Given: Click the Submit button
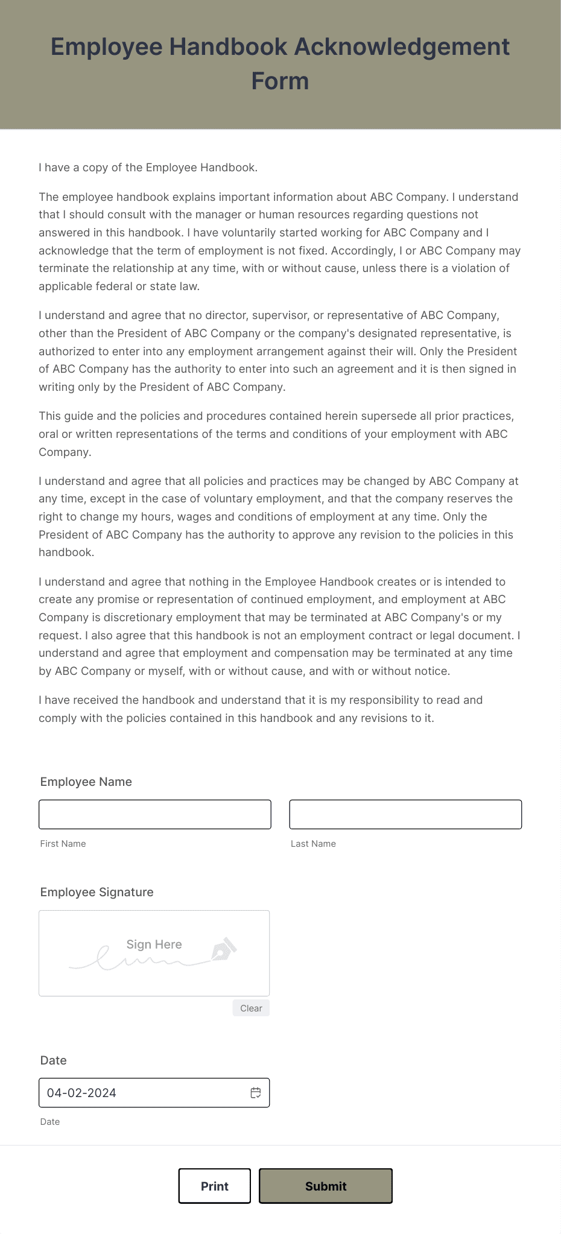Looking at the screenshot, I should click(x=326, y=1186).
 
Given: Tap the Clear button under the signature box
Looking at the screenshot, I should click(x=251, y=1008).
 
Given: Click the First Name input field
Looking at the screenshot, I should click(x=155, y=814).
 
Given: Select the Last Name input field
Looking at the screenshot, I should click(x=405, y=814).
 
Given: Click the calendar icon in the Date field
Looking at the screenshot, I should click(x=256, y=1093).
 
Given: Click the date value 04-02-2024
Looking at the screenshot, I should click(x=81, y=1093).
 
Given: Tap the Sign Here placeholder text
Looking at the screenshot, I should click(x=154, y=944).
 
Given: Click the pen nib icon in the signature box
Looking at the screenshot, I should click(x=224, y=949).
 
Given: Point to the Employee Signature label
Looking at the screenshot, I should click(x=97, y=892).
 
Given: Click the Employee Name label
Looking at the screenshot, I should click(x=86, y=782).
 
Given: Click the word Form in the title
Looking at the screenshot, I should click(x=280, y=81).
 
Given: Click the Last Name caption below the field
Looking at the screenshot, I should click(x=313, y=844).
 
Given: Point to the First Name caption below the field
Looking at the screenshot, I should click(x=63, y=844).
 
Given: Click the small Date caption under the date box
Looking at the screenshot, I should click(x=50, y=1122).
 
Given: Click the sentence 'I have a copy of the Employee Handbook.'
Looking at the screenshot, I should click(x=148, y=168).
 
